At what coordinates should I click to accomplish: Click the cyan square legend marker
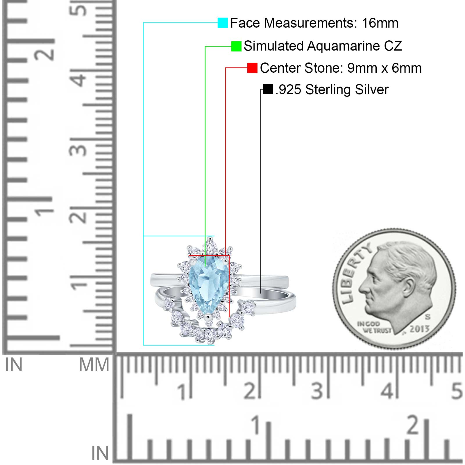pos(223,23)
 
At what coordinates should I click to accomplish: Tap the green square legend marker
pos(236,46)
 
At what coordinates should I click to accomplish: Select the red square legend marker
pos(252,68)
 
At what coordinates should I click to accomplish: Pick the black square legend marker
pos(268,89)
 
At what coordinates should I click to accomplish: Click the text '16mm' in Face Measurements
pos(380,23)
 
